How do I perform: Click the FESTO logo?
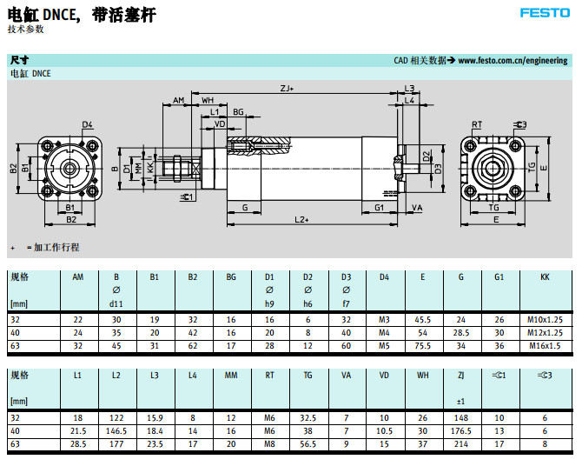tap(544, 12)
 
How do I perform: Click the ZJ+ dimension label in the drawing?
tap(286, 89)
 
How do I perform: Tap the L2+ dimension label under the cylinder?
tap(301, 219)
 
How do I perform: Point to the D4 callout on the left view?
tap(88, 125)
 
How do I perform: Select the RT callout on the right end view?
tap(477, 125)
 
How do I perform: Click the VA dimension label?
tap(417, 208)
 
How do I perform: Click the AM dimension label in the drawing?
tap(178, 101)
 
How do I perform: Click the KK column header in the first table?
tap(545, 277)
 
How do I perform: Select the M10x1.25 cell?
tap(545, 320)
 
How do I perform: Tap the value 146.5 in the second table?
tap(116, 429)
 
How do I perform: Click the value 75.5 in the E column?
tap(423, 345)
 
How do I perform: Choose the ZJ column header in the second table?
tap(461, 376)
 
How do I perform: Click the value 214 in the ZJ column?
tap(461, 443)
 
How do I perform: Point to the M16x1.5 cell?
tap(545, 345)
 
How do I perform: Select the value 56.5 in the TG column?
tap(308, 443)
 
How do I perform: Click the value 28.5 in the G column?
tap(461, 333)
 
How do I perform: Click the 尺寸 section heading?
tap(19, 61)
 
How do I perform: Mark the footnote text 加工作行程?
tap(56, 248)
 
